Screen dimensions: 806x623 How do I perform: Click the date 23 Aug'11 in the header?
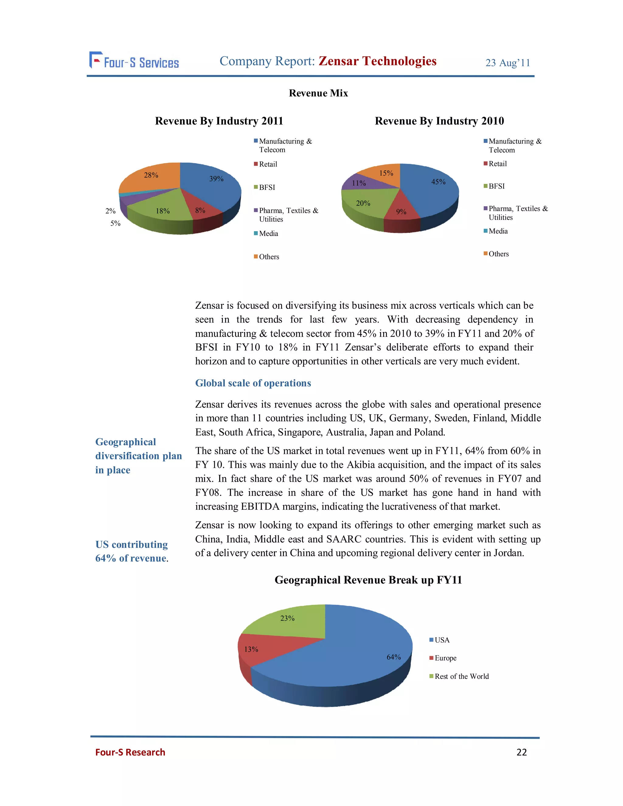(x=507, y=63)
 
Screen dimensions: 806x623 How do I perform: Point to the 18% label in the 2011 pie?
(x=163, y=211)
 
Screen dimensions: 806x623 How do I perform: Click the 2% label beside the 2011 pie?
(x=110, y=211)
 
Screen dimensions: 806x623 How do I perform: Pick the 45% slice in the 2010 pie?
(x=432, y=188)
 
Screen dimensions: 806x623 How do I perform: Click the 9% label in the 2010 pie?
(x=401, y=212)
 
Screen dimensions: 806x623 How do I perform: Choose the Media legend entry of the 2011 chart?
(x=268, y=234)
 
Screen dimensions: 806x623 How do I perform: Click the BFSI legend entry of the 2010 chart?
(x=496, y=186)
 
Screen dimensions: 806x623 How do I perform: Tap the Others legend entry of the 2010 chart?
(x=498, y=254)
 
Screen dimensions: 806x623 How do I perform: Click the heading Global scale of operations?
(x=253, y=383)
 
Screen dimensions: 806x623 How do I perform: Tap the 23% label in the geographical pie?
(x=287, y=618)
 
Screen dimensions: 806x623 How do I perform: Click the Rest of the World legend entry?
(x=461, y=676)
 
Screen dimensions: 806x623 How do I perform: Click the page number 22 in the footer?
(x=521, y=752)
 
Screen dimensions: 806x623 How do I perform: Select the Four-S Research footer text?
(x=130, y=752)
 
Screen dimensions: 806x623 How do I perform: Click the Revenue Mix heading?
(x=318, y=93)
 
